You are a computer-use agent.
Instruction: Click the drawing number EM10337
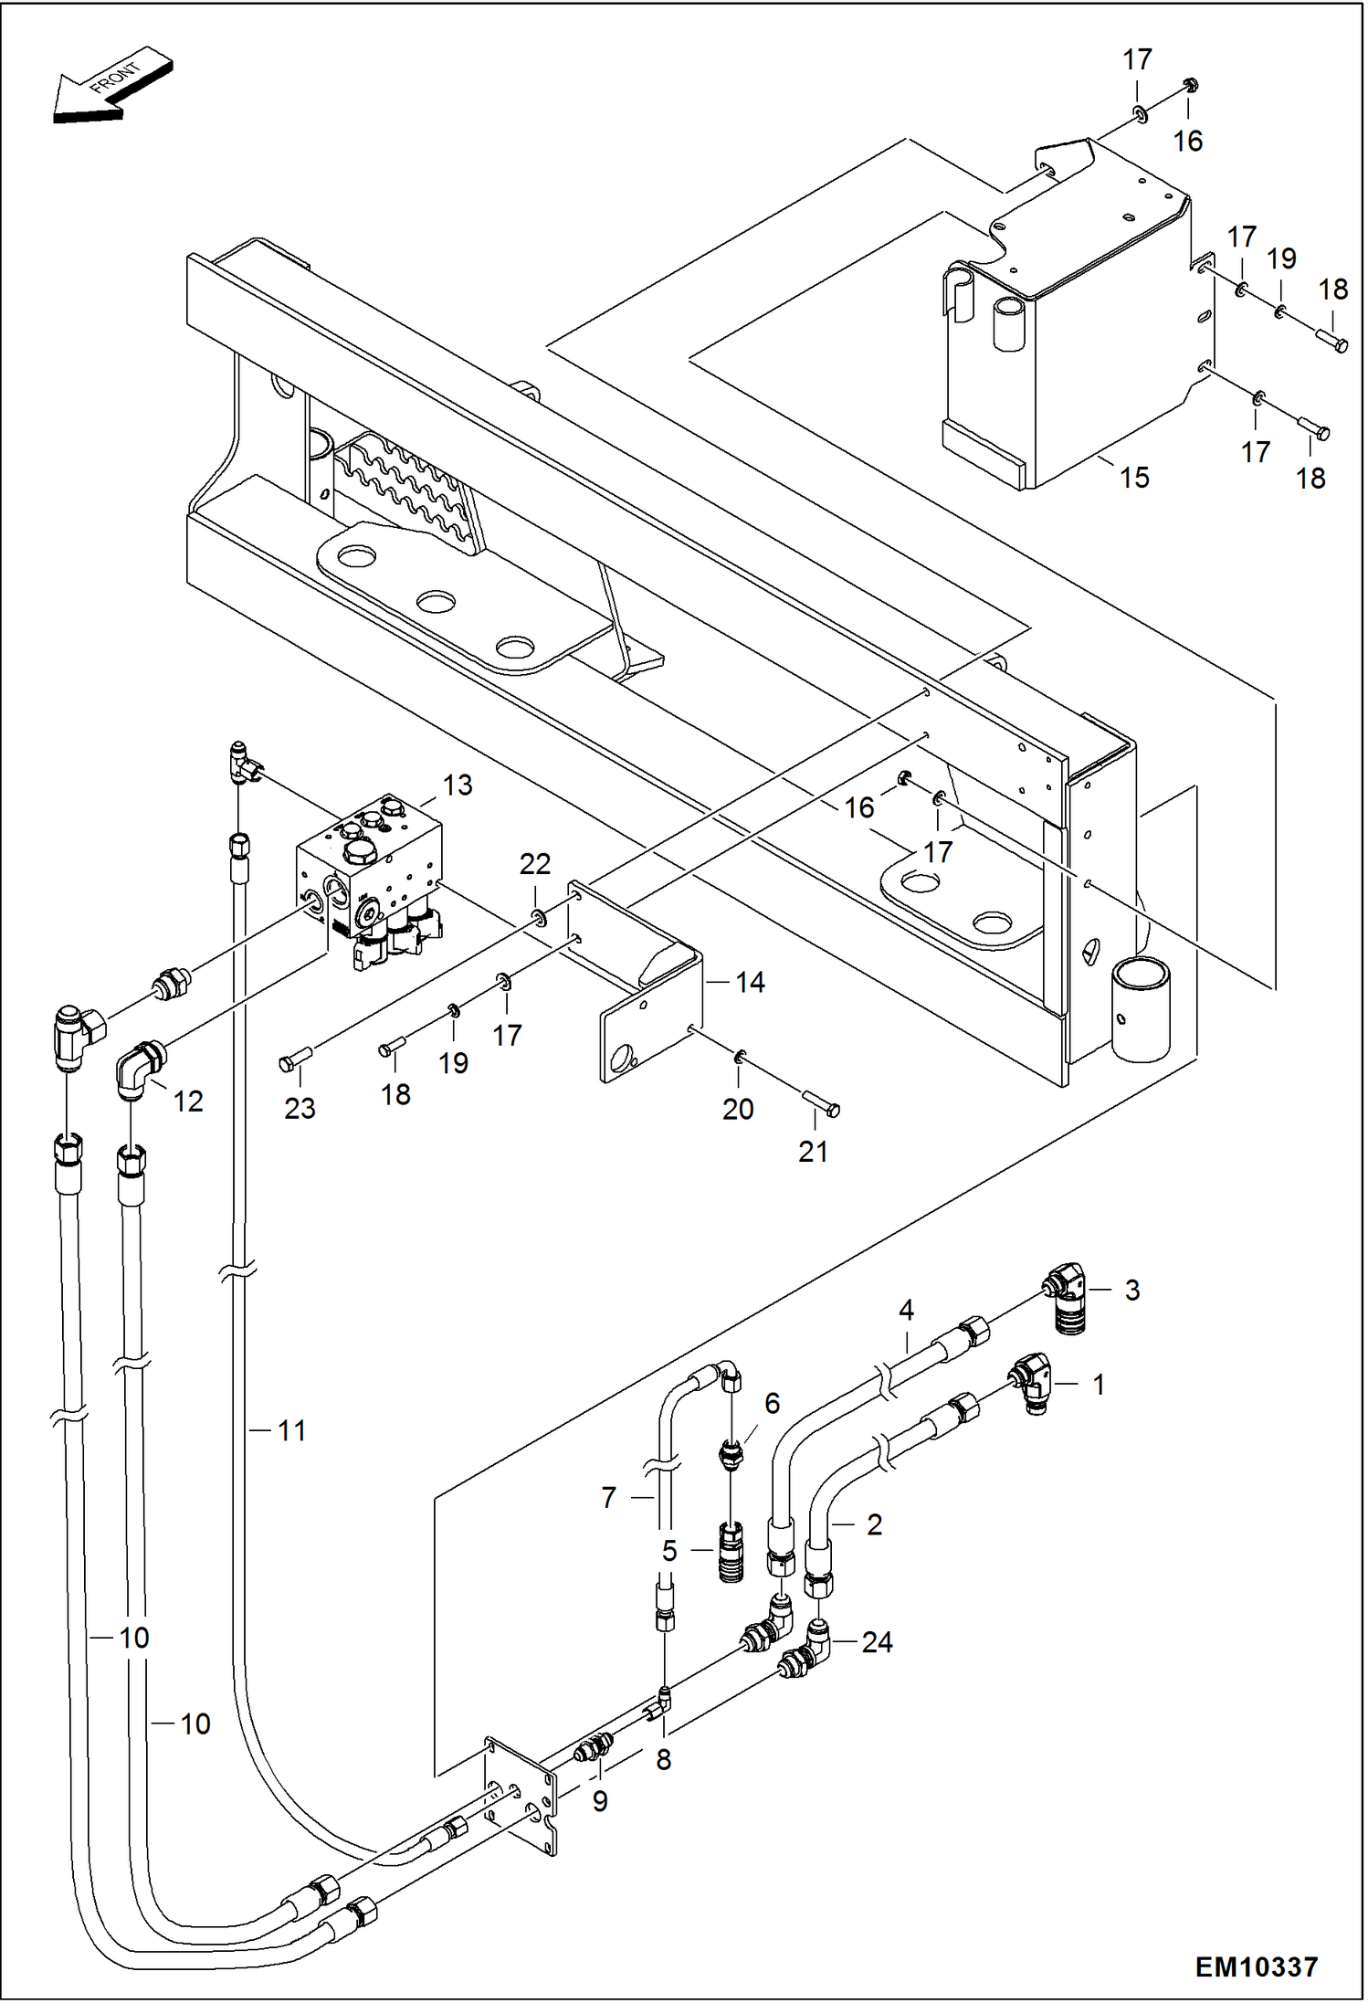(1257, 1966)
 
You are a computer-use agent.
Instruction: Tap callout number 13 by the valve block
(458, 785)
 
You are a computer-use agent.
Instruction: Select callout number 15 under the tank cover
(1134, 478)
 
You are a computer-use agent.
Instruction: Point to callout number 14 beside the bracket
(750, 983)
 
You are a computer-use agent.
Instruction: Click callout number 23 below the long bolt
(300, 1108)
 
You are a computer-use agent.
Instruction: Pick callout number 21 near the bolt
(813, 1152)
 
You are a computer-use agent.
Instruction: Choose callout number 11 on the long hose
(291, 1430)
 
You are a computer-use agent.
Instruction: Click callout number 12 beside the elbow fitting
(188, 1102)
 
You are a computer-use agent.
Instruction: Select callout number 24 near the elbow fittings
(877, 1642)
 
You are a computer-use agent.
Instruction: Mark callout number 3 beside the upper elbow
(1132, 1290)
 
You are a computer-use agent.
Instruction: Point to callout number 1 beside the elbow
(1100, 1385)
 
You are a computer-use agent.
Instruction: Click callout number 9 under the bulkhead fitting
(600, 1800)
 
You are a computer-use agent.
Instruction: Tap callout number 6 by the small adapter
(772, 1402)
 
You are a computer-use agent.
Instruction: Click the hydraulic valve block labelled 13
(370, 877)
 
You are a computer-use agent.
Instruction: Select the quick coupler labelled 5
(731, 1551)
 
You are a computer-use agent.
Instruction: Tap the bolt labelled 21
(821, 1103)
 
